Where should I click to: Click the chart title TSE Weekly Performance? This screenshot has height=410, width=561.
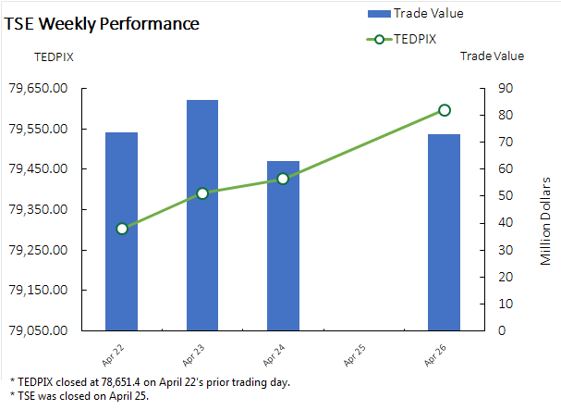(x=102, y=23)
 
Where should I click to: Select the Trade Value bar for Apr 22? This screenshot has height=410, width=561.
(x=121, y=231)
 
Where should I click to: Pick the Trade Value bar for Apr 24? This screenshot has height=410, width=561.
(x=283, y=245)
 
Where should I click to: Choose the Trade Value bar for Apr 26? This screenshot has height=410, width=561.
(x=445, y=231)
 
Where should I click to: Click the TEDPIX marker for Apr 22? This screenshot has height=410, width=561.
(x=122, y=229)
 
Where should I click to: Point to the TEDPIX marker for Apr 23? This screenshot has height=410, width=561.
(x=202, y=193)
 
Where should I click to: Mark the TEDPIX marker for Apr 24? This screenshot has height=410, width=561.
(x=283, y=179)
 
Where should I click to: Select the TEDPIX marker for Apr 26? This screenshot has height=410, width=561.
(x=445, y=110)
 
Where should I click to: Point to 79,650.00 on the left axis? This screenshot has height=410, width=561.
(x=38, y=89)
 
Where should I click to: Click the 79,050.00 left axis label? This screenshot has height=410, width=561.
(x=38, y=330)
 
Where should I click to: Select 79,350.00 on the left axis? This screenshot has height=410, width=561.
(x=38, y=210)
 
